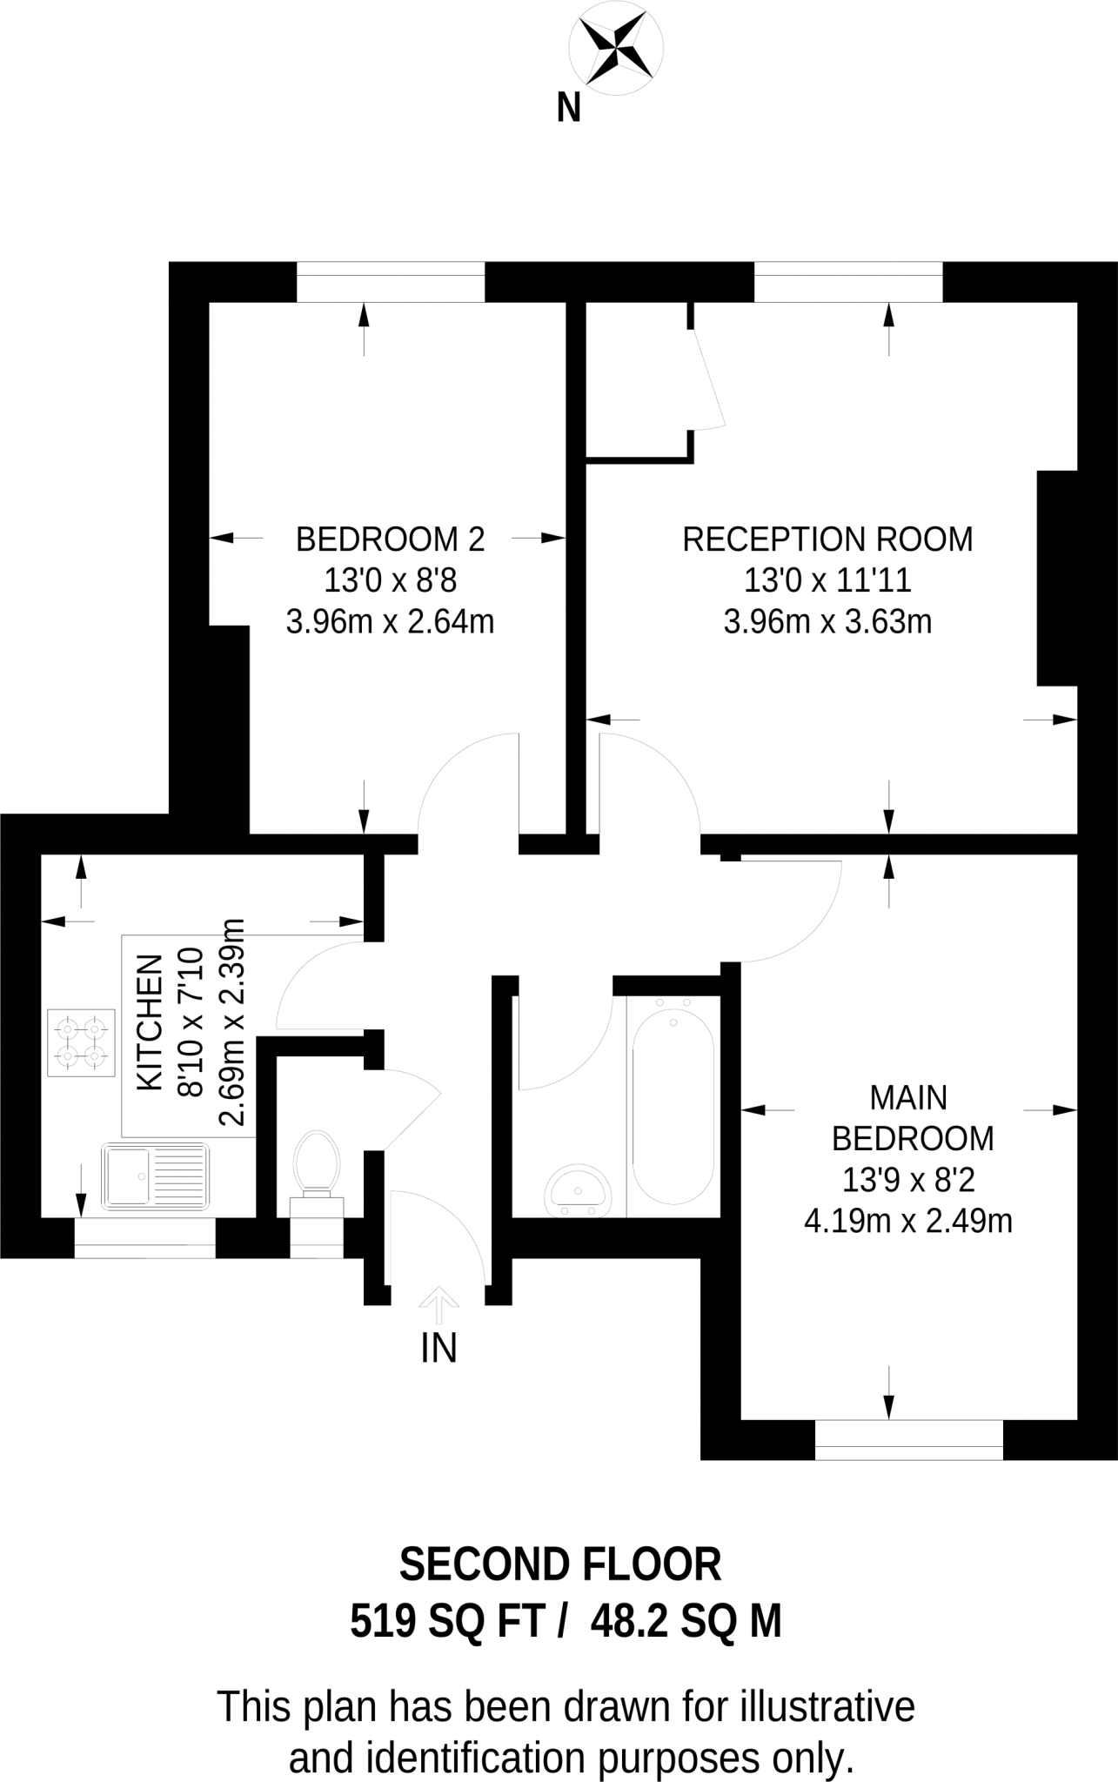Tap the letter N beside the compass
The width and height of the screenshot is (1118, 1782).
tap(568, 109)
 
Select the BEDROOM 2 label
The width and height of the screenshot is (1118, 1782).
tap(390, 539)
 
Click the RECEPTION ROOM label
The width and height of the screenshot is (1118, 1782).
tap(827, 539)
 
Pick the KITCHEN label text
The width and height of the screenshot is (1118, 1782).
tap(151, 1022)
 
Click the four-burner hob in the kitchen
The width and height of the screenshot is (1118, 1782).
tap(82, 1043)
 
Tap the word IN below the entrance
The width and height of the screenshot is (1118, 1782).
tap(438, 1349)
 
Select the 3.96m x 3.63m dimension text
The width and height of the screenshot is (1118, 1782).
tap(827, 621)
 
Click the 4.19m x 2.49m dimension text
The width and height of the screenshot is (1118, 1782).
tap(907, 1221)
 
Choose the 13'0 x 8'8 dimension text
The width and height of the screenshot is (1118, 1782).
tap(390, 580)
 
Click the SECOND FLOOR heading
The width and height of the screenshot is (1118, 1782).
tap(560, 1564)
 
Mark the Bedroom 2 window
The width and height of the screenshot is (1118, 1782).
tap(390, 281)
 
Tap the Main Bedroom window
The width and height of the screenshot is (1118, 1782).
tap(908, 1440)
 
